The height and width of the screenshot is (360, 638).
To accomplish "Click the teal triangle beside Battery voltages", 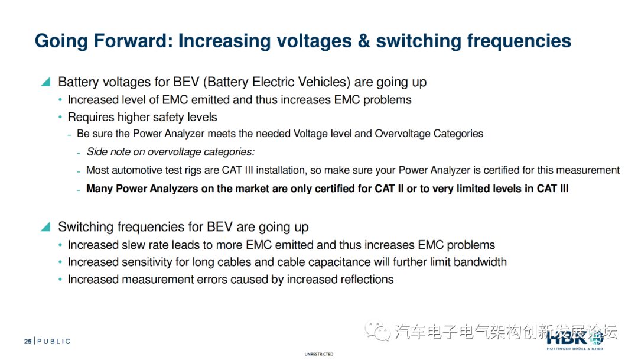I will pyautogui.click(x=45, y=82).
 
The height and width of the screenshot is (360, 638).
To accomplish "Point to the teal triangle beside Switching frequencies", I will pyautogui.click(x=45, y=227).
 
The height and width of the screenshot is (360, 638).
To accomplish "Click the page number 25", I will pyautogui.click(x=28, y=341).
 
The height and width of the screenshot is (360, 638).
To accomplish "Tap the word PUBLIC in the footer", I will pyautogui.click(x=54, y=341).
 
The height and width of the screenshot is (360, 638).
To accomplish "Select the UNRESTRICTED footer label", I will pyautogui.click(x=319, y=354).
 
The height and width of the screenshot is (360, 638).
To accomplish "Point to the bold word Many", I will pyautogui.click(x=100, y=189).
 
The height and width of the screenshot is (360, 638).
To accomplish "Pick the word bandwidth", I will pyautogui.click(x=477, y=262).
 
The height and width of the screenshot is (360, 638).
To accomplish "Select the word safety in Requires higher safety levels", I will pyautogui.click(x=167, y=117).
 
